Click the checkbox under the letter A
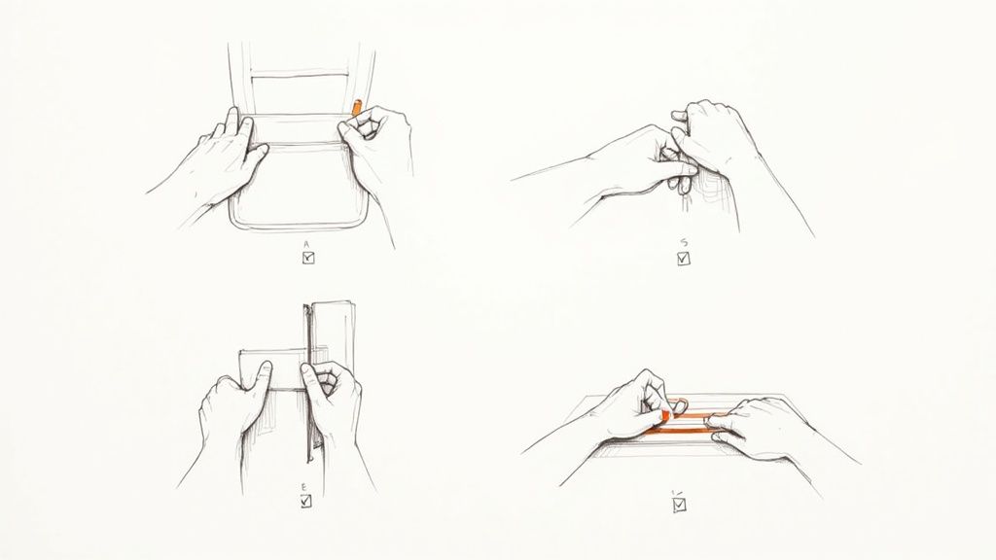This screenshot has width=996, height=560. [308, 258]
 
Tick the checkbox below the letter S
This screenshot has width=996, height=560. [683, 259]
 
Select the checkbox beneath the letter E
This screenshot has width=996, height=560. [306, 502]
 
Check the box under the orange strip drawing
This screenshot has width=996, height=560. [679, 504]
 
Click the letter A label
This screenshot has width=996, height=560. [306, 245]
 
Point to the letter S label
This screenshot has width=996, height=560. [684, 245]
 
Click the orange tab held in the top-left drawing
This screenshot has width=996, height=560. [357, 106]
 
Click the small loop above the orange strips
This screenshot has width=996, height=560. [678, 402]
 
